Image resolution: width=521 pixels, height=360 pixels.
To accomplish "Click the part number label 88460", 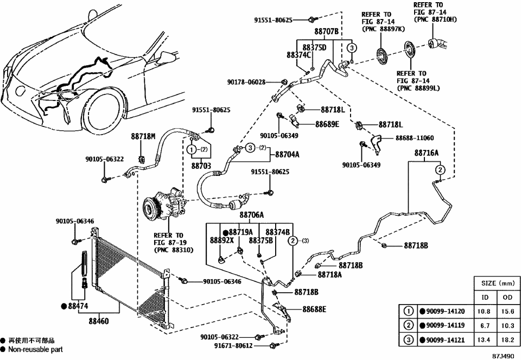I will tap(98, 321).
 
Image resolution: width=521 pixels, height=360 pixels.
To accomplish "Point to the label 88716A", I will tap(427, 154).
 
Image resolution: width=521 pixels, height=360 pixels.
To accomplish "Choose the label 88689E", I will tap(327, 124).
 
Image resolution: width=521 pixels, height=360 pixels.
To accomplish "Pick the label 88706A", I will tap(251, 215).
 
